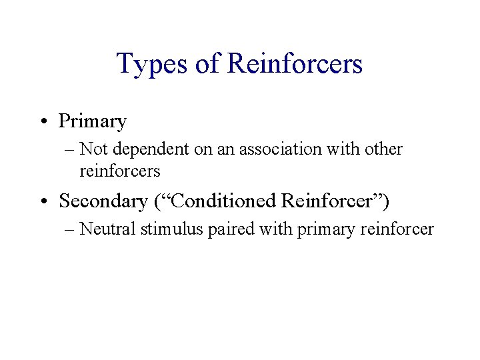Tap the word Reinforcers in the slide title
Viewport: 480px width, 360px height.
coord(295,64)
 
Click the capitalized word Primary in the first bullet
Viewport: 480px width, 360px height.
coord(93,122)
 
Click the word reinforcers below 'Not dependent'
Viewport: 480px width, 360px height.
coord(120,171)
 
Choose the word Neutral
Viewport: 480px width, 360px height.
coord(107,230)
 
